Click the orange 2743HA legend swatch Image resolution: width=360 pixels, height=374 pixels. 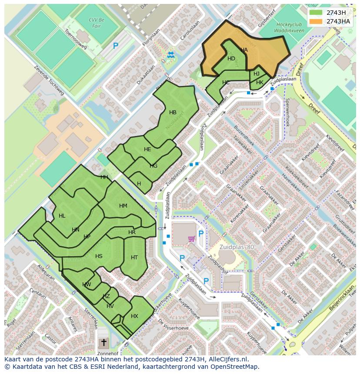317,21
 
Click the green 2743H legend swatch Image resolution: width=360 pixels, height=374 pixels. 317,13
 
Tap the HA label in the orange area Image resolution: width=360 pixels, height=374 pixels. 244,50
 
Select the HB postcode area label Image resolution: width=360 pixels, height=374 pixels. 173,113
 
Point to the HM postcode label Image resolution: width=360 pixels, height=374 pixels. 123,206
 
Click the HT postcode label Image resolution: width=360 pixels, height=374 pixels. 134,258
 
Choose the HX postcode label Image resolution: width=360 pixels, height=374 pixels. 134,316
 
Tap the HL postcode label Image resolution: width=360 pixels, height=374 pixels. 62,216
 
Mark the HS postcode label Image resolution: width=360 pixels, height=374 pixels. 99,256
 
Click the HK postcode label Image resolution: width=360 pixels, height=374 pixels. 260,83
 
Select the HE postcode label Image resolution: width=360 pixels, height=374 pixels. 147,149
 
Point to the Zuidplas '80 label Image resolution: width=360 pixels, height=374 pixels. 237,247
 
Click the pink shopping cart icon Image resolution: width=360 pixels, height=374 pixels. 191,238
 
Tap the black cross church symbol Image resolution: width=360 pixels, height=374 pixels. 103,343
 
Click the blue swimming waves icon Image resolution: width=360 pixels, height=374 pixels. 170,54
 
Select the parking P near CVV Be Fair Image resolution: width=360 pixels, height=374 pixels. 116,46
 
